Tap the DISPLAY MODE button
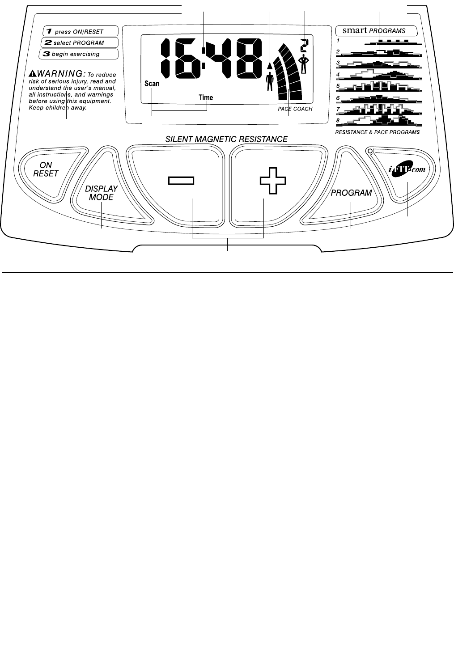102,193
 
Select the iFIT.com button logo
406,170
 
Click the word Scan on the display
152,84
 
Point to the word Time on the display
206,97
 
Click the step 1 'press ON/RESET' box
81,32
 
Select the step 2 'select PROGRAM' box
81,43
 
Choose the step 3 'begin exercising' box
81,54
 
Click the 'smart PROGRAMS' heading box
376,31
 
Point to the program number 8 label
338,120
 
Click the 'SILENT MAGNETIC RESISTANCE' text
226,139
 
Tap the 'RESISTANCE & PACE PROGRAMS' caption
378,132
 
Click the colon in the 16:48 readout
204,58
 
